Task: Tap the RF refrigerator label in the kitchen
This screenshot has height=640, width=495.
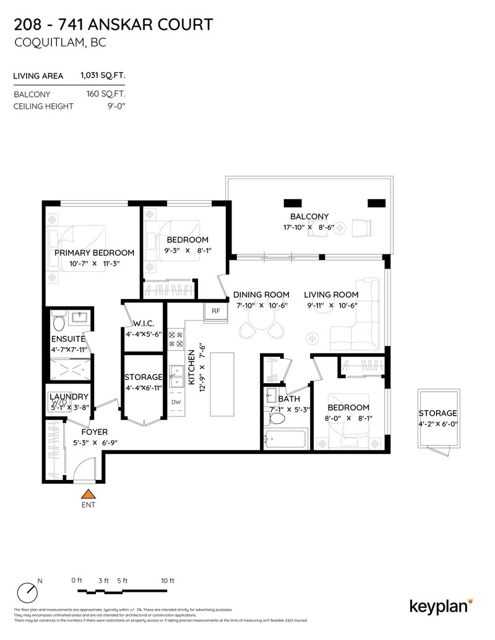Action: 216,311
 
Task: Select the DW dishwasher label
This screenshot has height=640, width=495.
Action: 176,402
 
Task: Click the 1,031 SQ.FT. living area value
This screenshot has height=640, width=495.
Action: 103,76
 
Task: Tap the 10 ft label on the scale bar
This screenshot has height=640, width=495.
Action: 167,581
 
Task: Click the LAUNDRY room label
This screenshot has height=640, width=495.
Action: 69,397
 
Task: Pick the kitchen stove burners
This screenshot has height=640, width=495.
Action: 176,339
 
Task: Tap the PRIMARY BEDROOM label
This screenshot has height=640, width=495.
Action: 94,253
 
